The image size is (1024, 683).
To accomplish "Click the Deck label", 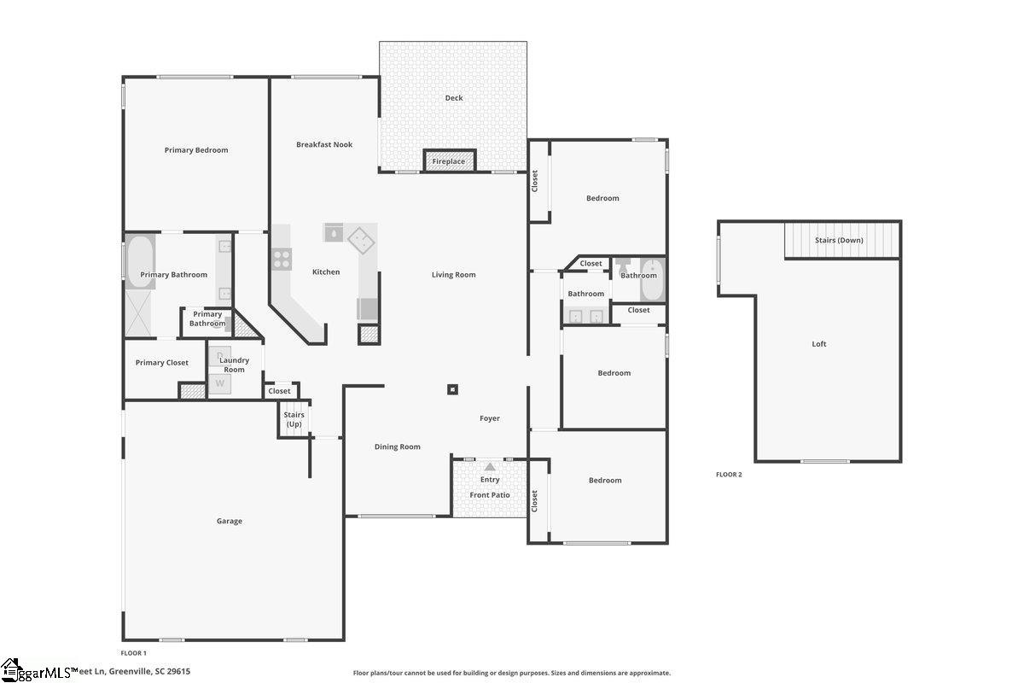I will point(454,98).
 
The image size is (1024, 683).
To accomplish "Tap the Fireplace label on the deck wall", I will point(449,161).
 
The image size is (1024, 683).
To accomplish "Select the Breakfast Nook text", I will point(324,145).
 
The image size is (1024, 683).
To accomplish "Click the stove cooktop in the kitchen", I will point(282,258).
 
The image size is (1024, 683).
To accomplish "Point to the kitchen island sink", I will point(334,232).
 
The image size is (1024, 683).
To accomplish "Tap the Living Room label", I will point(453,275).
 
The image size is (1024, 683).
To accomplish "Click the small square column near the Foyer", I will point(453,390).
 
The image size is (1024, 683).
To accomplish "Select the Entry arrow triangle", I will point(490,467).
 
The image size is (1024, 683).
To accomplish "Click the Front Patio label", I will point(490,495).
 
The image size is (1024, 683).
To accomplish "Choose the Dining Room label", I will point(398,447).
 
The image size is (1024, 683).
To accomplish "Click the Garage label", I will point(229,522).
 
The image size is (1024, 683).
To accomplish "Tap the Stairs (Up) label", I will point(294,419).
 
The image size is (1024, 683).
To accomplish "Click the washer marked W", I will point(219,383).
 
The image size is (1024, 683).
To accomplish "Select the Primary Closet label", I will point(162,363).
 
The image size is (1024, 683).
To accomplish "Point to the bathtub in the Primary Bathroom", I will point(141,261).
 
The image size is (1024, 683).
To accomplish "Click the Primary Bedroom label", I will point(196,150).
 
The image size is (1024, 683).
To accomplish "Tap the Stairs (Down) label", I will point(839,241).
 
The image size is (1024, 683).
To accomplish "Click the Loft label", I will point(819,344).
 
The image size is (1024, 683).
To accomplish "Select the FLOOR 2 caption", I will point(729,475).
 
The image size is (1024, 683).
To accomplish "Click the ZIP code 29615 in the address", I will point(178,672).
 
